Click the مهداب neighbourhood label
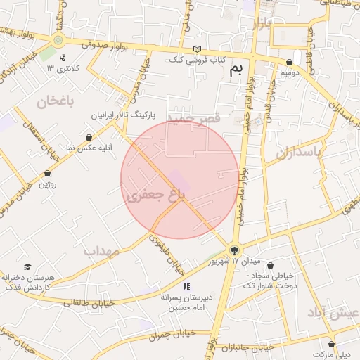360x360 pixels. (102, 250)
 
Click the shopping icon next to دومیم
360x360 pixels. (290, 62)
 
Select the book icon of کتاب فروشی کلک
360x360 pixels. (196, 49)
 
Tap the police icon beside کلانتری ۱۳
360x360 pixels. (63, 58)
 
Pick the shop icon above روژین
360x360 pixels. (47, 173)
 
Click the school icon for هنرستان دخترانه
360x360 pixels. (27, 266)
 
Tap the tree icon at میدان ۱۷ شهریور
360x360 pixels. (234, 249)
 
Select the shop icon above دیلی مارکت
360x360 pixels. (332, 344)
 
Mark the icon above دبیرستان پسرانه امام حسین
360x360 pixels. (186, 286)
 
